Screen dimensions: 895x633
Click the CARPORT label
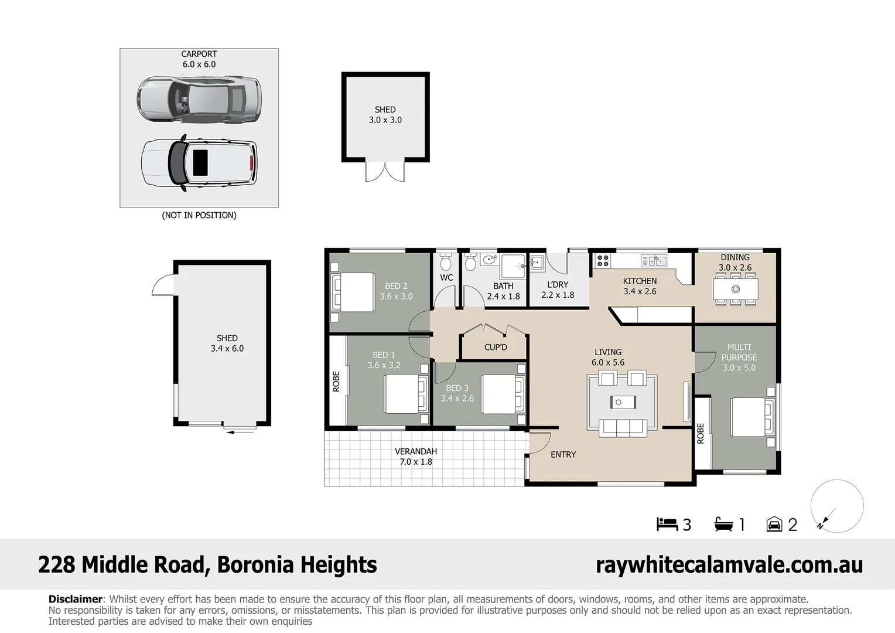pos(199,54)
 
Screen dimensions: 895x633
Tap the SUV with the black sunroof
pos(199,163)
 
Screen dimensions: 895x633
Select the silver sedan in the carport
pos(199,99)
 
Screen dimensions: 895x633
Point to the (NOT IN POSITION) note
pos(199,215)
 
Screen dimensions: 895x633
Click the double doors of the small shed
pos(385,172)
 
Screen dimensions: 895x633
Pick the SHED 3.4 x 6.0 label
pos(227,343)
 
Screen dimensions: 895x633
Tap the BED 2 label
pos(396,286)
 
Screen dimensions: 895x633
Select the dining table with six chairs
pos(736,289)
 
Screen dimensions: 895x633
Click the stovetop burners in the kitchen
pos(603,261)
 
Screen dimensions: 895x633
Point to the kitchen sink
pos(654,261)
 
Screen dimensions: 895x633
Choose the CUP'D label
pos(496,348)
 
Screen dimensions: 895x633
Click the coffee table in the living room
pos(623,402)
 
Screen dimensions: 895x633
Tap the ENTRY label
pos(563,455)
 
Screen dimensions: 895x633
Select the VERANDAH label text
pos(416,451)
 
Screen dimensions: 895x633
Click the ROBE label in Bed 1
pos(336,382)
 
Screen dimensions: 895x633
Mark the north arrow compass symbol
pos(836,506)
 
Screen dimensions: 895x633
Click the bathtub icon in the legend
pos(723,524)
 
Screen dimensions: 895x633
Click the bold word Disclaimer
pos(76,599)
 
